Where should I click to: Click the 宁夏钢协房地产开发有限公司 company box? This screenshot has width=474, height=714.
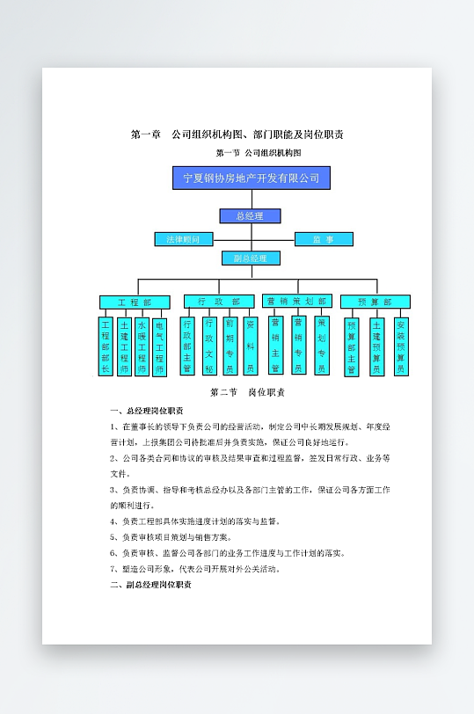pos(251,178)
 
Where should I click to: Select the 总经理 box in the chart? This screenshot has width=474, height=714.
pos(250,215)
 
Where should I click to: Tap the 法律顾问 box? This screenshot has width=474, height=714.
pos(183,239)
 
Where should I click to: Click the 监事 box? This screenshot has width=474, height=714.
pos(323,239)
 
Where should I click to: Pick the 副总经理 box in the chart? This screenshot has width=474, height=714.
pos(251,259)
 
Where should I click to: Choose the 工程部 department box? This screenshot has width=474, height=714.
pos(129,302)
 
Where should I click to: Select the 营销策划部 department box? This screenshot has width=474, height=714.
pos(297,301)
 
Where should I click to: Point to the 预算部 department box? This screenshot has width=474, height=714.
pos(375,302)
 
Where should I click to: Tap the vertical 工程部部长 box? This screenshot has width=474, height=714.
pos(106,346)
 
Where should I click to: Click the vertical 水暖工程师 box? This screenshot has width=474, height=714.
pos(142,346)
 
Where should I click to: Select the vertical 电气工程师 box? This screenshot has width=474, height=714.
pos(159,346)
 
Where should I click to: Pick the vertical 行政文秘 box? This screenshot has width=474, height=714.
pos(209,346)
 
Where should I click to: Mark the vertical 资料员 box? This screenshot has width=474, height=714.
pos(250,346)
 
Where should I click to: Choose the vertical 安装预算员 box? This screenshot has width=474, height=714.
pos(401,346)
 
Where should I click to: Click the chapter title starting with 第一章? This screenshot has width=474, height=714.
pos(237,135)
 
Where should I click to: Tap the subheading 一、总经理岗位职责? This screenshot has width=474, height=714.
pos(147,411)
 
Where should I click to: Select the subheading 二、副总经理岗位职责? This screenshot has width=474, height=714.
pos(150,584)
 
